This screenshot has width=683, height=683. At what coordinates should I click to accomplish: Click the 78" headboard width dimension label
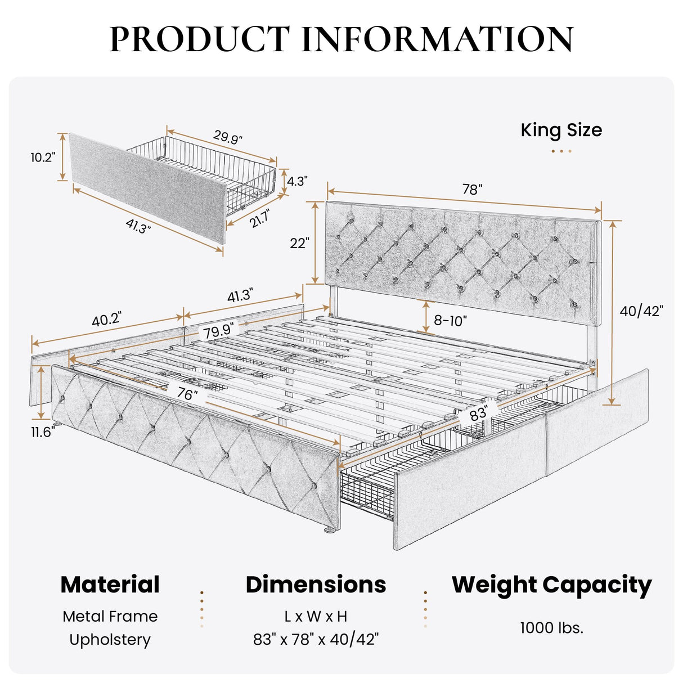tap(472, 190)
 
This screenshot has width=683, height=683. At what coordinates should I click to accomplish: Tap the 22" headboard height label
tap(299, 243)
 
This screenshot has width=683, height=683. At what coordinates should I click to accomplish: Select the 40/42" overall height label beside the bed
tap(641, 311)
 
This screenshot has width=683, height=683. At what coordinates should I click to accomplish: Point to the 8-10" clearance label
tap(450, 321)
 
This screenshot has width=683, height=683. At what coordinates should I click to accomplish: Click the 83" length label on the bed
tap(478, 415)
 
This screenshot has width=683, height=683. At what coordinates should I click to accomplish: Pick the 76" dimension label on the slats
tap(185, 394)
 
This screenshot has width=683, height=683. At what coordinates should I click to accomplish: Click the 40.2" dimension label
tap(106, 319)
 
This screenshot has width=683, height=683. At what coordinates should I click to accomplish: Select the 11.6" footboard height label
tap(42, 432)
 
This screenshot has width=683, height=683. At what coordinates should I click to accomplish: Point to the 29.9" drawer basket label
tap(228, 137)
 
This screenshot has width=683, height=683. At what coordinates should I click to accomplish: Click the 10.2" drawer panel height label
tap(43, 158)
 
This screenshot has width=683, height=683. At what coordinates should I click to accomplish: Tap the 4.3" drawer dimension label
tap(297, 182)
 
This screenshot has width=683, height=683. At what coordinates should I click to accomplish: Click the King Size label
tap(561, 131)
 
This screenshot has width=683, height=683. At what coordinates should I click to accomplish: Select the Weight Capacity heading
tap(551, 585)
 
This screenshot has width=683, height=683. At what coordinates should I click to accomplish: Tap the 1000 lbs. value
tap(551, 628)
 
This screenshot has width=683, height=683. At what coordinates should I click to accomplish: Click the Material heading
tap(110, 585)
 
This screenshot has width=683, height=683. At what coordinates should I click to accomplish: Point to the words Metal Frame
tap(110, 617)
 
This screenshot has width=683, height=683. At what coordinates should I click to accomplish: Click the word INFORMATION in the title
tap(438, 39)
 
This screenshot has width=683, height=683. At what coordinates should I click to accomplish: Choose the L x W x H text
tap(316, 617)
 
